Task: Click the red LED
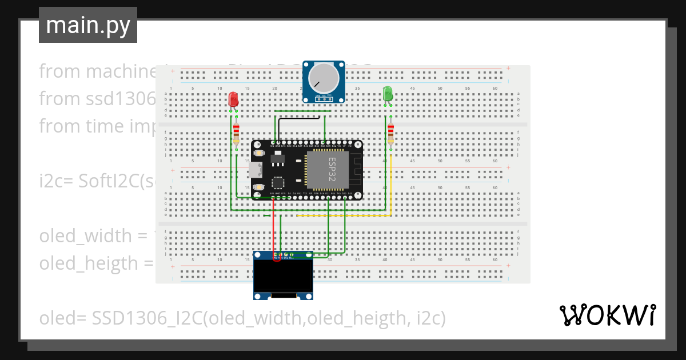(233, 99)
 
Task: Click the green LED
(388, 94)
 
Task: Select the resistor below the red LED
(236, 135)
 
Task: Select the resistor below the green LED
(391, 134)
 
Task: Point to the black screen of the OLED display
(284, 277)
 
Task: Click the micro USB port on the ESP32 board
(256, 170)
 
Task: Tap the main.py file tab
(88, 26)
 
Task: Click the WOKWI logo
(607, 315)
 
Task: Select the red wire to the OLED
(273, 229)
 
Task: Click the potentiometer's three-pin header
(324, 98)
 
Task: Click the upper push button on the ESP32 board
(258, 153)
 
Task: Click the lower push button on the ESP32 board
(258, 187)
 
